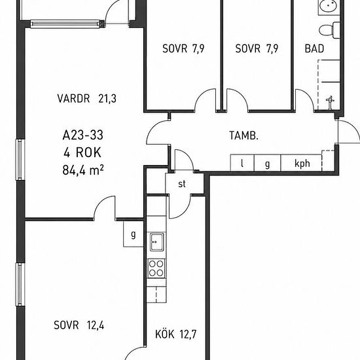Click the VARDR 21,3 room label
pos(87,98)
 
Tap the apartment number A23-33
pos(83,135)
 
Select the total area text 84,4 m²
pos(83,170)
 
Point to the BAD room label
pos(314,48)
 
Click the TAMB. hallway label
pos(244,135)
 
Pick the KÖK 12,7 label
pos(176,334)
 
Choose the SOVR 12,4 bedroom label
pos(79,325)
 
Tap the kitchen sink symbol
pos(157,242)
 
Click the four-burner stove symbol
pos(156,268)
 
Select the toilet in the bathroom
pos(329,30)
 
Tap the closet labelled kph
pos(301,163)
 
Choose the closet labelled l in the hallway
pos(242,163)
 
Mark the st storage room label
pos(182,184)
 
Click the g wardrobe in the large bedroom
pos(134,234)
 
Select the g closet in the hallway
pos(267,163)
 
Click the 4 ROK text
pos(82,153)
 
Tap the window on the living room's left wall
pos(20,160)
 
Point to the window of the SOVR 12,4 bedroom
pos(20,285)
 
